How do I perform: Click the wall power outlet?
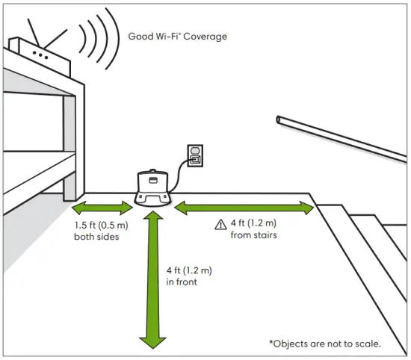[x=195, y=155]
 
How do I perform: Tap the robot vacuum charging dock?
[x=152, y=188]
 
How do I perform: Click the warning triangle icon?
[x=220, y=225]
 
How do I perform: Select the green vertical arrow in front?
[x=153, y=279]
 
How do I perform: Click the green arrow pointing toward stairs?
[x=244, y=208]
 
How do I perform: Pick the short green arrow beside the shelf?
[x=102, y=208]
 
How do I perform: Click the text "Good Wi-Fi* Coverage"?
[x=177, y=37]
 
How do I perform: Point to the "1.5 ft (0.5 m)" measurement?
[x=101, y=225]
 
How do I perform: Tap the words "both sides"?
[x=96, y=237]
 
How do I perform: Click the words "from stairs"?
[x=254, y=235]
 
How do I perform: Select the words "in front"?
[x=182, y=282]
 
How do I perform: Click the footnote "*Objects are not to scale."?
[x=325, y=344]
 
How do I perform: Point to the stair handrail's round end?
[x=279, y=120]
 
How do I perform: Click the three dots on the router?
[x=40, y=55]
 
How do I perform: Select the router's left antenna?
[x=34, y=32]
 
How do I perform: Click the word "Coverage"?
[x=205, y=37]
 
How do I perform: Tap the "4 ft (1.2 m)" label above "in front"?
[x=189, y=270]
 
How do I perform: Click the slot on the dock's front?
[x=152, y=180]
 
